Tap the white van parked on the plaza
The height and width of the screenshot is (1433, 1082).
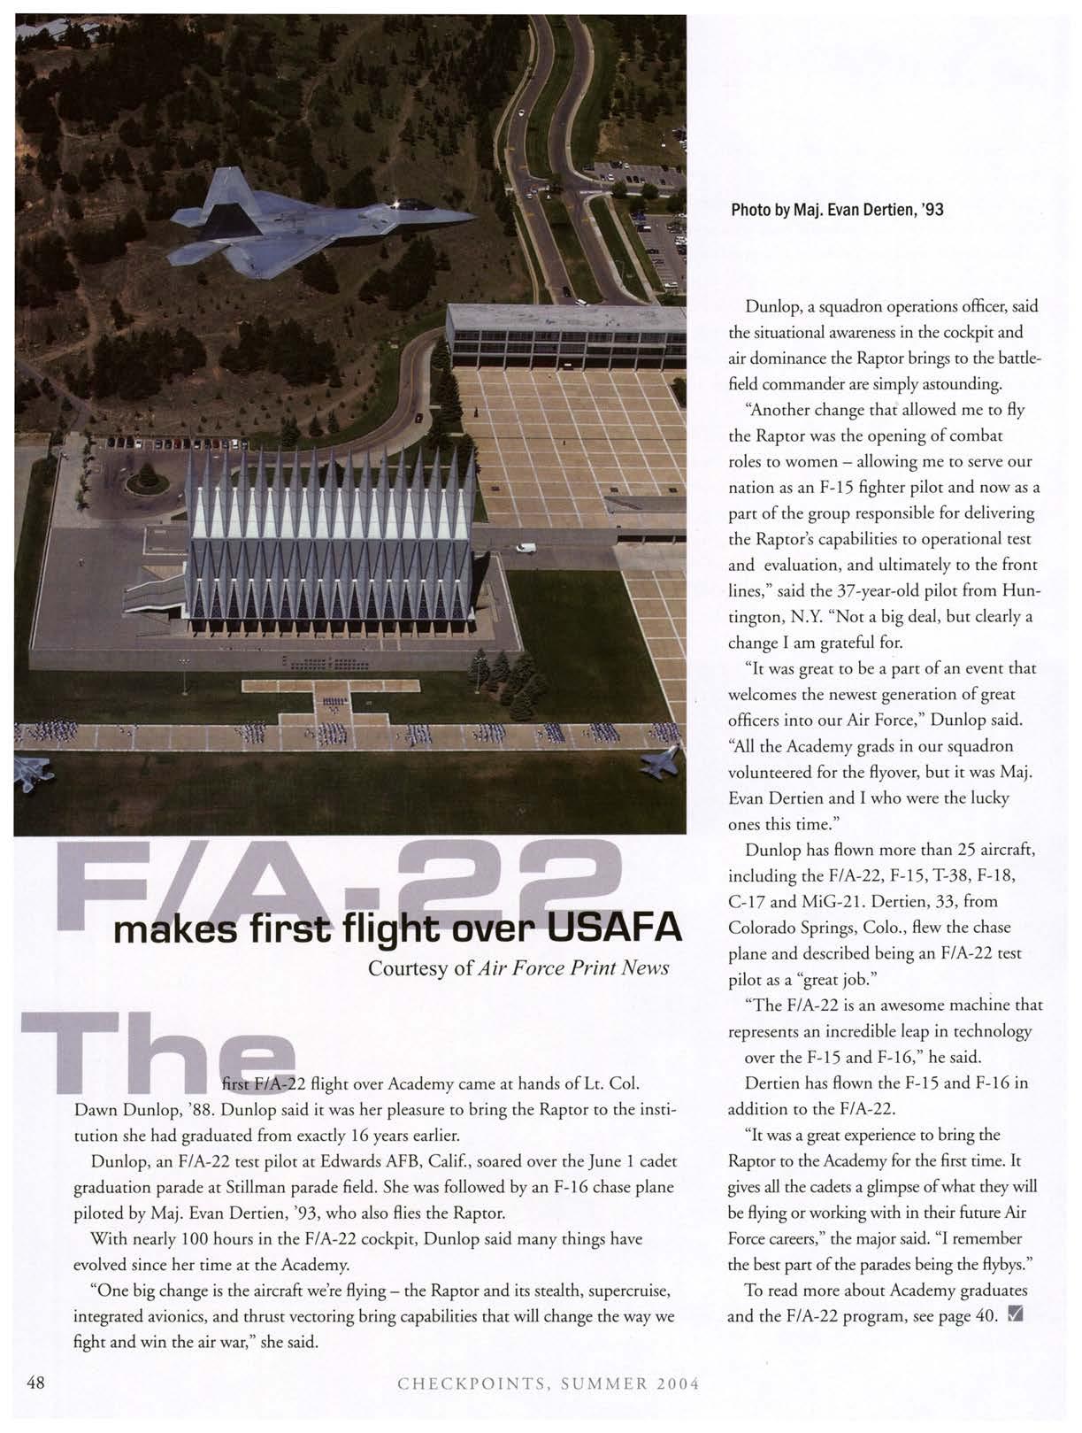(526, 548)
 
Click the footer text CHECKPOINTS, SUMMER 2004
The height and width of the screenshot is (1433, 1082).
(549, 1383)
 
